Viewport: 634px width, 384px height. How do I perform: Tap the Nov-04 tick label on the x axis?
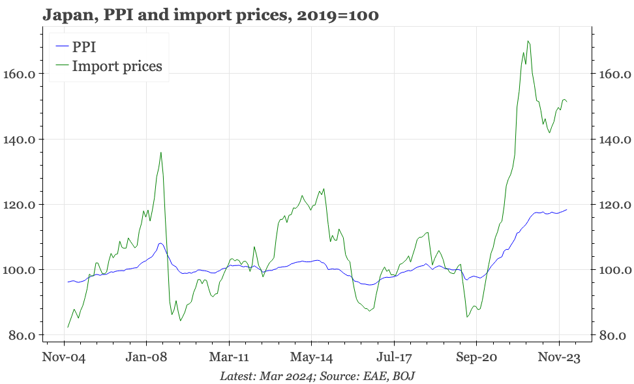[64, 358]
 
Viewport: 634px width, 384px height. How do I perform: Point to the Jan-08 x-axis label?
[146, 358]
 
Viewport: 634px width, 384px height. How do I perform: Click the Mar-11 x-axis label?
[229, 358]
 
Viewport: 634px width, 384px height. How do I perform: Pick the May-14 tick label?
[312, 358]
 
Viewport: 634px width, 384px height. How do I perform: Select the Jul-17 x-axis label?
[394, 358]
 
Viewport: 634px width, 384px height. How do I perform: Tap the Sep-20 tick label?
[476, 358]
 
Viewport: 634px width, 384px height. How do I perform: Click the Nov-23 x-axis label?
[559, 358]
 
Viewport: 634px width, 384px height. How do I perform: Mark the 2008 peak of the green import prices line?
[160, 153]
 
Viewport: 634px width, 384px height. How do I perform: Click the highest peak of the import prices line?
[527, 41]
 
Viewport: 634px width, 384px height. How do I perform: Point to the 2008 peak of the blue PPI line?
[160, 243]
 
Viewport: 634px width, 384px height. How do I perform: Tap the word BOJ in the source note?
[402, 376]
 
